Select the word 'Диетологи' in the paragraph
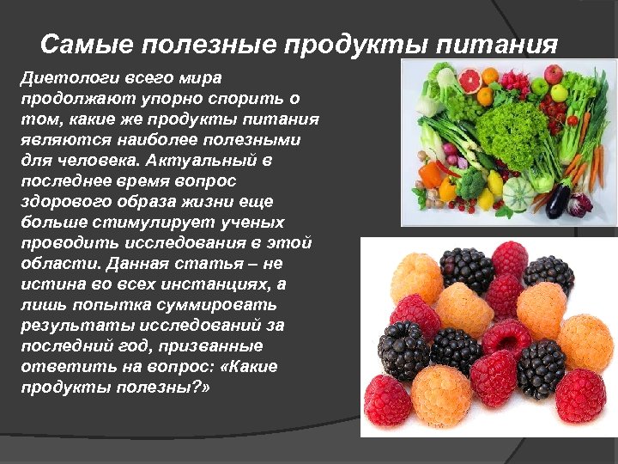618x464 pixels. pyautogui.click(x=64, y=79)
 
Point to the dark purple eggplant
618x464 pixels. pyautogui.click(x=559, y=200)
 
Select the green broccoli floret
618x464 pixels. pyautogui.click(x=470, y=183)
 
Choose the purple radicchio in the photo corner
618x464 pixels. pyautogui.click(x=583, y=203)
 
